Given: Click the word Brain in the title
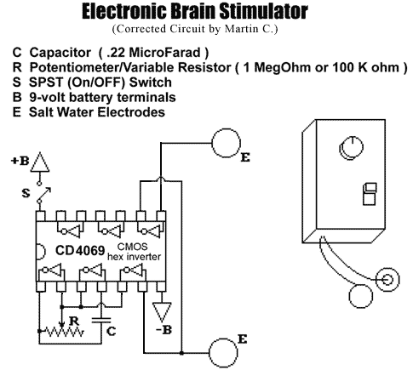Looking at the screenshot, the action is coord(192,12).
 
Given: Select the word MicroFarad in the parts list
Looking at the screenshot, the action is coord(164,53).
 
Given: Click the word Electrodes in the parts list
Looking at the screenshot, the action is coord(131,112).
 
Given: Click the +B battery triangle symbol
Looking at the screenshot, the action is coord(40,162).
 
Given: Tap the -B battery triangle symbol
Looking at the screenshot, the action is coord(162,312).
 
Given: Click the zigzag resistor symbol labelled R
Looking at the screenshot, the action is coord(65,332).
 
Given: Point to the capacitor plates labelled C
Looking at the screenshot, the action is coord(101,321).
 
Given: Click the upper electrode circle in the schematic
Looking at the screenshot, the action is coord(227,143).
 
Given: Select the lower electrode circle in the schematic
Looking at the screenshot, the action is coord(223,352).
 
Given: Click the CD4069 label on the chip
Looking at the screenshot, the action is coord(80,251).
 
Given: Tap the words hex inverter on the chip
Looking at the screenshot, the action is coord(134,257).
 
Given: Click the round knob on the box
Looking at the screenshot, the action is coord(352,148).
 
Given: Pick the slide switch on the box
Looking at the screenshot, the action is coord(370,194).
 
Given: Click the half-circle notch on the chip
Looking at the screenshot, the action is coord(41,251).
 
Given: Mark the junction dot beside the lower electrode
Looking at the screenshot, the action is coord(181,353).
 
